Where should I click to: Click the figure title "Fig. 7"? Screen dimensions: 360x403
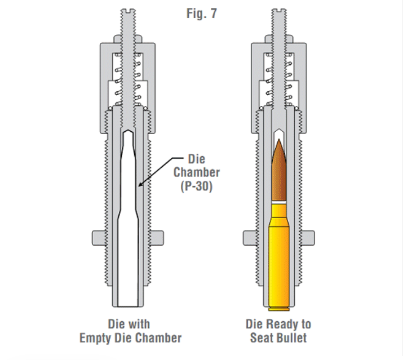point(201,12)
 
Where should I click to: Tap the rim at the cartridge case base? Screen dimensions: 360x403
point(280,309)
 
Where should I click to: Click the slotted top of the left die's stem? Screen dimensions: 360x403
point(128,11)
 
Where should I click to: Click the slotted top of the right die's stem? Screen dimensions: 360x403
point(280,11)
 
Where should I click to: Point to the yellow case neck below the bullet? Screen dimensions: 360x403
point(280,211)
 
